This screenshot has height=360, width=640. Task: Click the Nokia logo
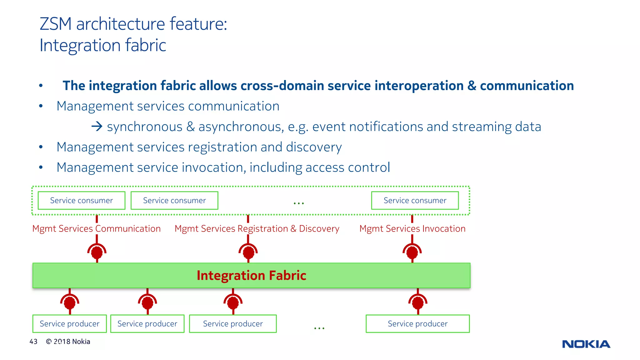586,344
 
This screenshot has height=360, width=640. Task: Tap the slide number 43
33,342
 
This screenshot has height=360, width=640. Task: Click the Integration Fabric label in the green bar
251,275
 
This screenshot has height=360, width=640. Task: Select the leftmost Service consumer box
82,200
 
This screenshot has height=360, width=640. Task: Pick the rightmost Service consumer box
415,200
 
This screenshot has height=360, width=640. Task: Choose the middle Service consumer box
174,200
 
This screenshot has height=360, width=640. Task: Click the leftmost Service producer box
69,323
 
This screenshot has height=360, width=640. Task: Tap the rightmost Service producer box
417,323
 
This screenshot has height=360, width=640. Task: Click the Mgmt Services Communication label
96,228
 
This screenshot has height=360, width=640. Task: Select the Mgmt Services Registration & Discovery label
257,228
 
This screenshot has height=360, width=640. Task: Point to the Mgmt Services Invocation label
412,228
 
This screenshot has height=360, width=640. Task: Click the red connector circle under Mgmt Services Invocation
412,252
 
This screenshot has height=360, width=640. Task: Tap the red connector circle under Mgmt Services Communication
97,252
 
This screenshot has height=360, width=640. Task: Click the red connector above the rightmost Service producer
418,302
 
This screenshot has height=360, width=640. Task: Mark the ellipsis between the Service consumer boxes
299,203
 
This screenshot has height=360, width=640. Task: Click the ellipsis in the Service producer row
319,328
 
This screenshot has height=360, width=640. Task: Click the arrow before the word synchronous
97,127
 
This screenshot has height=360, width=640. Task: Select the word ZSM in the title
56,24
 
